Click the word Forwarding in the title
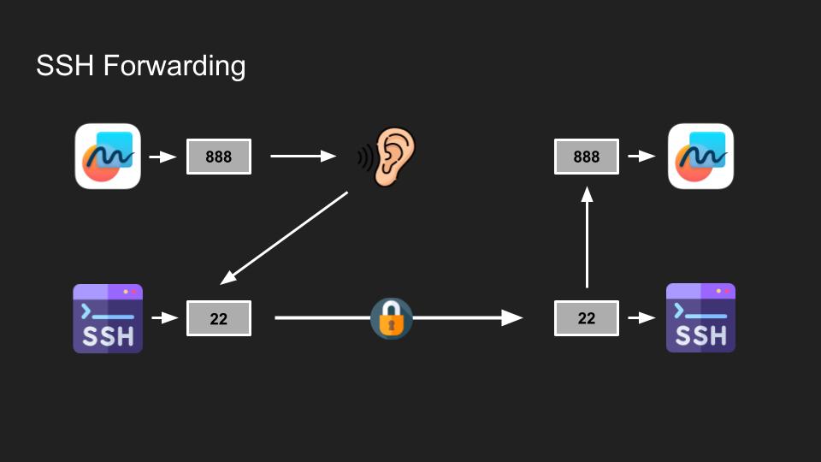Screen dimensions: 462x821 tap(174, 66)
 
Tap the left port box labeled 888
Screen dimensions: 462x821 tap(219, 157)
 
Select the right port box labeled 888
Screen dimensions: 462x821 tap(587, 157)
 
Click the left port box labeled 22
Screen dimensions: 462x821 tap(219, 318)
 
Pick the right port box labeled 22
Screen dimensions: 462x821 tap(587, 318)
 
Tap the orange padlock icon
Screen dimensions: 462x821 tap(392, 318)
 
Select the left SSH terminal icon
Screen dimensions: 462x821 tap(108, 318)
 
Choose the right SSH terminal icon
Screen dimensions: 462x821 tap(700, 318)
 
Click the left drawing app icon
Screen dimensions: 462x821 tap(108, 157)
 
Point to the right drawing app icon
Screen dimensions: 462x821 tap(700, 157)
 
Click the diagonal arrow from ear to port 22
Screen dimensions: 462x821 tap(285, 237)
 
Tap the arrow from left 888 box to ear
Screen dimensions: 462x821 tap(303, 157)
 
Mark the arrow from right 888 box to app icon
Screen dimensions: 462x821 tap(641, 157)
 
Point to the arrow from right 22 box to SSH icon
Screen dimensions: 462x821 tap(641, 318)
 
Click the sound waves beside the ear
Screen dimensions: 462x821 tap(364, 157)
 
